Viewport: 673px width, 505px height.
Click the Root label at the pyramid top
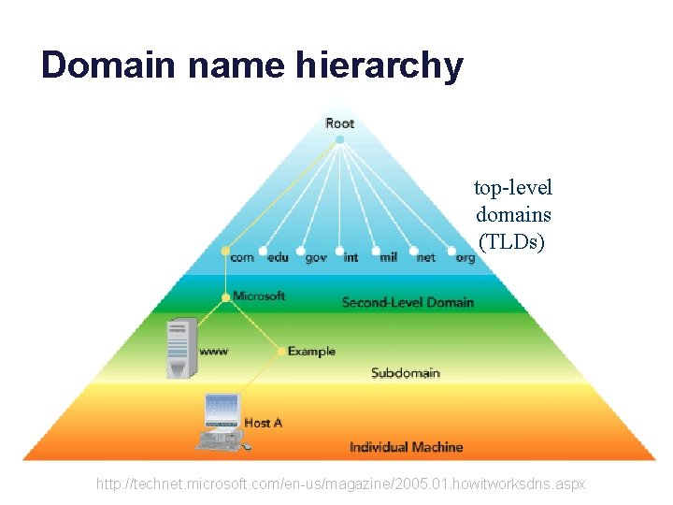[x=339, y=123]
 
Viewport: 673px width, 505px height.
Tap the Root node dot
[x=339, y=139]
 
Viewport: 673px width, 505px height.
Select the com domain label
[x=242, y=257]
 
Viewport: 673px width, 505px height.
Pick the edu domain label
[x=278, y=257]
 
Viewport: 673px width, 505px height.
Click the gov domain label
[x=316, y=257]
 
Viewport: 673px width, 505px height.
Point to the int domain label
[x=351, y=257]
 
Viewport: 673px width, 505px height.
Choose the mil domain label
[x=388, y=257]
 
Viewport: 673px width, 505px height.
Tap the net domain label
[x=425, y=257]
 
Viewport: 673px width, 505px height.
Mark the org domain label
[x=465, y=257]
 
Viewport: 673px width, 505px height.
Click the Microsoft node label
[x=259, y=296]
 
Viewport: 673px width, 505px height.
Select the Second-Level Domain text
[x=408, y=302]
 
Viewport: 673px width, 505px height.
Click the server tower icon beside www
[x=181, y=347]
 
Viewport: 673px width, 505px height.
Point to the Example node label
[x=311, y=352]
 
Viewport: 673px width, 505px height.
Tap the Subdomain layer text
[x=405, y=373]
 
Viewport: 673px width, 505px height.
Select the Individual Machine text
[x=406, y=447]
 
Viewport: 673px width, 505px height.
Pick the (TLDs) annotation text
[x=511, y=241]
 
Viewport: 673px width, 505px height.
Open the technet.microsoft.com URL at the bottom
[x=341, y=484]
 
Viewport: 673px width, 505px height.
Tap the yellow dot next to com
[x=225, y=251]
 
